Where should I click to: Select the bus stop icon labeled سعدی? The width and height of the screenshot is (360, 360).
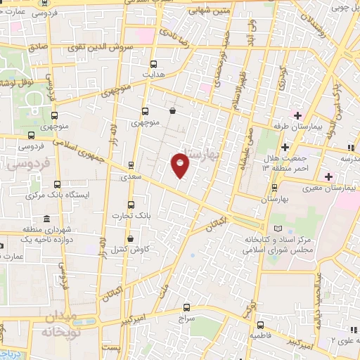[x=131, y=167]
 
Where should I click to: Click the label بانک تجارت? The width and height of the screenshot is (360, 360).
[x=135, y=214]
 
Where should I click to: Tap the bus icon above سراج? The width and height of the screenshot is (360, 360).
[x=186, y=307]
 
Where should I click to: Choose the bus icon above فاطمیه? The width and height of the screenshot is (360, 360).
[x=261, y=325]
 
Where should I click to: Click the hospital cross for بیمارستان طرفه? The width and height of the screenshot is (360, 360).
[x=297, y=115]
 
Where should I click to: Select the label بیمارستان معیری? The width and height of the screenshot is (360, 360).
[x=330, y=188]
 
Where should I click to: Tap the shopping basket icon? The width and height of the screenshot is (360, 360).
[x=173, y=110]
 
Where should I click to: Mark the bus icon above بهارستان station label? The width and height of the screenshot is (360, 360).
[x=274, y=187]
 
